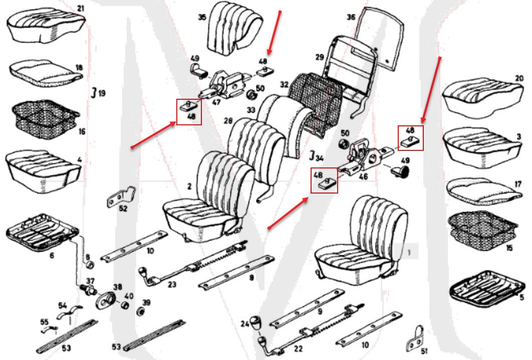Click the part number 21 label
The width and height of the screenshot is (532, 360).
coord(81,8)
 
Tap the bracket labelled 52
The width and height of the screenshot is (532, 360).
coord(121,197)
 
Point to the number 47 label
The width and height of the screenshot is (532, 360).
coord(216,102)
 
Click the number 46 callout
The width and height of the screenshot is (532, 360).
coord(363,176)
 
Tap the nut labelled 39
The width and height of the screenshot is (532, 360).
coord(139,311)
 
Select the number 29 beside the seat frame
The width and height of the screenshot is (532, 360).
coord(320,57)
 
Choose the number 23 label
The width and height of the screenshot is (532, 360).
coord(172,284)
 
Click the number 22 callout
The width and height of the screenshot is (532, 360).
coord(298,348)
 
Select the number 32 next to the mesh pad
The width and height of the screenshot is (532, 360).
coord(285,84)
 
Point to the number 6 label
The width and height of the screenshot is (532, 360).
coord(52,255)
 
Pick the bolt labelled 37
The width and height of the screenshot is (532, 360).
coord(89,290)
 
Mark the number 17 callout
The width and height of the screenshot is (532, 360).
coord(518,184)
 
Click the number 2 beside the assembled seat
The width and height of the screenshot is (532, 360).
coord(189,186)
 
